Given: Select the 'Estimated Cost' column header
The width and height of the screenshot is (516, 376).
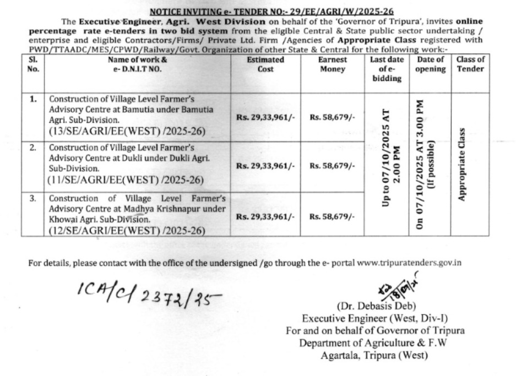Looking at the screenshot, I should pyautogui.click(x=266, y=64).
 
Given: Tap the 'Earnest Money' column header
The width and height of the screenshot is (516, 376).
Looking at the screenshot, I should pyautogui.click(x=332, y=64).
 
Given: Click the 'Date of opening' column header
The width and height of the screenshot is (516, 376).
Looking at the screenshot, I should pyautogui.click(x=431, y=64).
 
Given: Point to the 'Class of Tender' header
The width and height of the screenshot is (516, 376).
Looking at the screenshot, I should pyautogui.click(x=470, y=64).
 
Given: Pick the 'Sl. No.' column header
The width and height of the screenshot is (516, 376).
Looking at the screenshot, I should pyautogui.click(x=32, y=64).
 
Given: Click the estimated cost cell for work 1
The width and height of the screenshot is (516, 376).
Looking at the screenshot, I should pyautogui.click(x=266, y=117).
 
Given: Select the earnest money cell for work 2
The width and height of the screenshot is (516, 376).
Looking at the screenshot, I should pyautogui.click(x=332, y=166).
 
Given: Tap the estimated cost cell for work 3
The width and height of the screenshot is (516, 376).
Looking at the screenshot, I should pyautogui.click(x=266, y=217).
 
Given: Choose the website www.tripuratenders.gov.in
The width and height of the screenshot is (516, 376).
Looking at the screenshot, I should pyautogui.click(x=409, y=263).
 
